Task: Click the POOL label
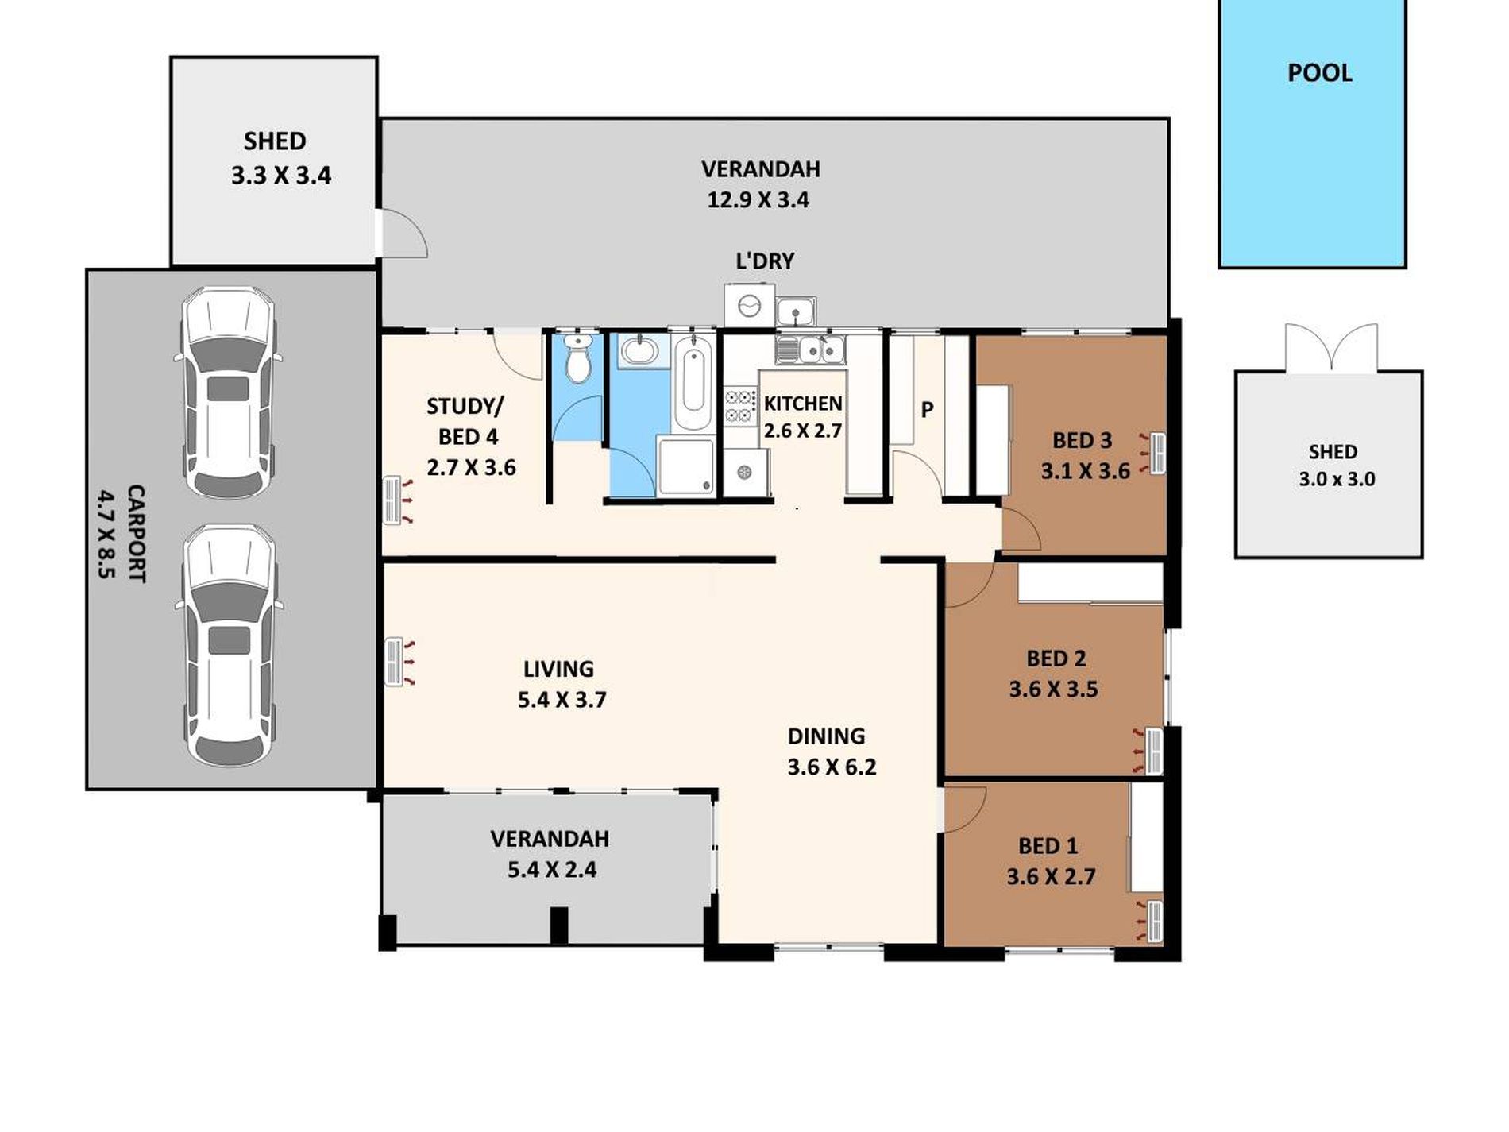(1319, 73)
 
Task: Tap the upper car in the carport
(229, 392)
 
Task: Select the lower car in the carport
(229, 645)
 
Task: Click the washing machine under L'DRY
(748, 305)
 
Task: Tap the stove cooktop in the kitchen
(739, 405)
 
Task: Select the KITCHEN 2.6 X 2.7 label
(802, 417)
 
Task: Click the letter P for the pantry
(927, 411)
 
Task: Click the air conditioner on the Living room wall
(393, 662)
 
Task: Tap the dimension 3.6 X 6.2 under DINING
(832, 767)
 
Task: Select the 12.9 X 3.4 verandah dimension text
(758, 200)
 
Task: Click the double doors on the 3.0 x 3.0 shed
(1331, 350)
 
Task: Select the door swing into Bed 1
(963, 809)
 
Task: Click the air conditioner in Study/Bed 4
(392, 500)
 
